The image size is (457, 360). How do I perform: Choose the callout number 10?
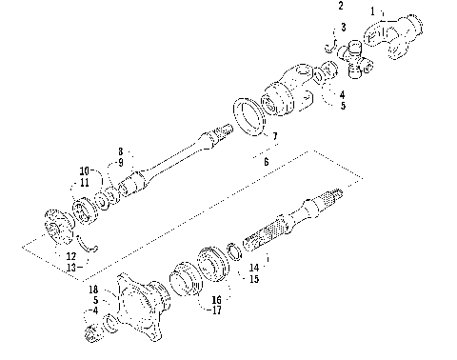pos(85,170)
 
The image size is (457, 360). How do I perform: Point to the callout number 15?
pos(253,280)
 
